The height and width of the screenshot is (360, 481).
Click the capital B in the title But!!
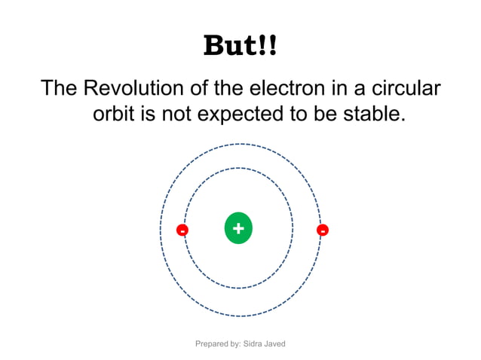click(215, 47)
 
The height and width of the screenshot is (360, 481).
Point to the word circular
click(403, 87)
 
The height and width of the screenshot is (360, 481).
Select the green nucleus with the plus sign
click(238, 229)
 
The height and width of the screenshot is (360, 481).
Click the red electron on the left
click(182, 230)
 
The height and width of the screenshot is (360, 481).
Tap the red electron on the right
click(323, 230)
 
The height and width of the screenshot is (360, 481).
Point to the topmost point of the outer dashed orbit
click(241, 144)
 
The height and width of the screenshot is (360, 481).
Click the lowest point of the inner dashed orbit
click(239, 287)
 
